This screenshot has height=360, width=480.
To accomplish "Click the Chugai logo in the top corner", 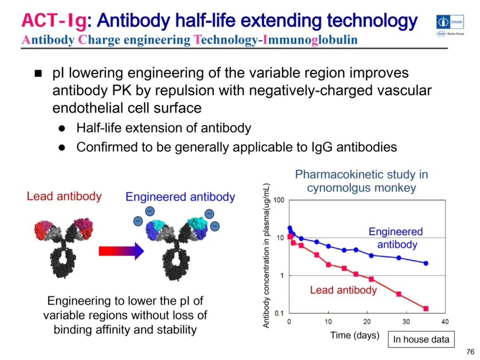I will (x=450, y=21).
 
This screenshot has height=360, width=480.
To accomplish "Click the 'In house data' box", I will (x=421, y=340).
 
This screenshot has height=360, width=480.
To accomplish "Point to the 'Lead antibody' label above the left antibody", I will (x=64, y=196).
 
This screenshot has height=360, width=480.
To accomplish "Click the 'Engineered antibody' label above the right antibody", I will (x=180, y=197).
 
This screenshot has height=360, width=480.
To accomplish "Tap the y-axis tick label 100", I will (x=279, y=200).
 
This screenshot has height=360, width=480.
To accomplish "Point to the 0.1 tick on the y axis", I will (x=279, y=313).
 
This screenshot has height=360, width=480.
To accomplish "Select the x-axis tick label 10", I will (x=328, y=322).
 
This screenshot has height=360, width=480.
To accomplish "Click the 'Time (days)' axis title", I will (x=355, y=335).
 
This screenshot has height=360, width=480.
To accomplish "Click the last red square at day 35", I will (x=426, y=308).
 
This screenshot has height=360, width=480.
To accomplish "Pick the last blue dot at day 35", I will (x=426, y=263).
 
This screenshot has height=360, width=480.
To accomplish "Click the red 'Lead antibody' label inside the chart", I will (x=343, y=290).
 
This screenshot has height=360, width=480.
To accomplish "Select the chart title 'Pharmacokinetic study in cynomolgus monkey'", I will (x=361, y=180).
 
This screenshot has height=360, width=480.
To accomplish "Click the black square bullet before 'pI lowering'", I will (x=38, y=73).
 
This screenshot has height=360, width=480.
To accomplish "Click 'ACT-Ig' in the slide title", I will (x=55, y=20).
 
